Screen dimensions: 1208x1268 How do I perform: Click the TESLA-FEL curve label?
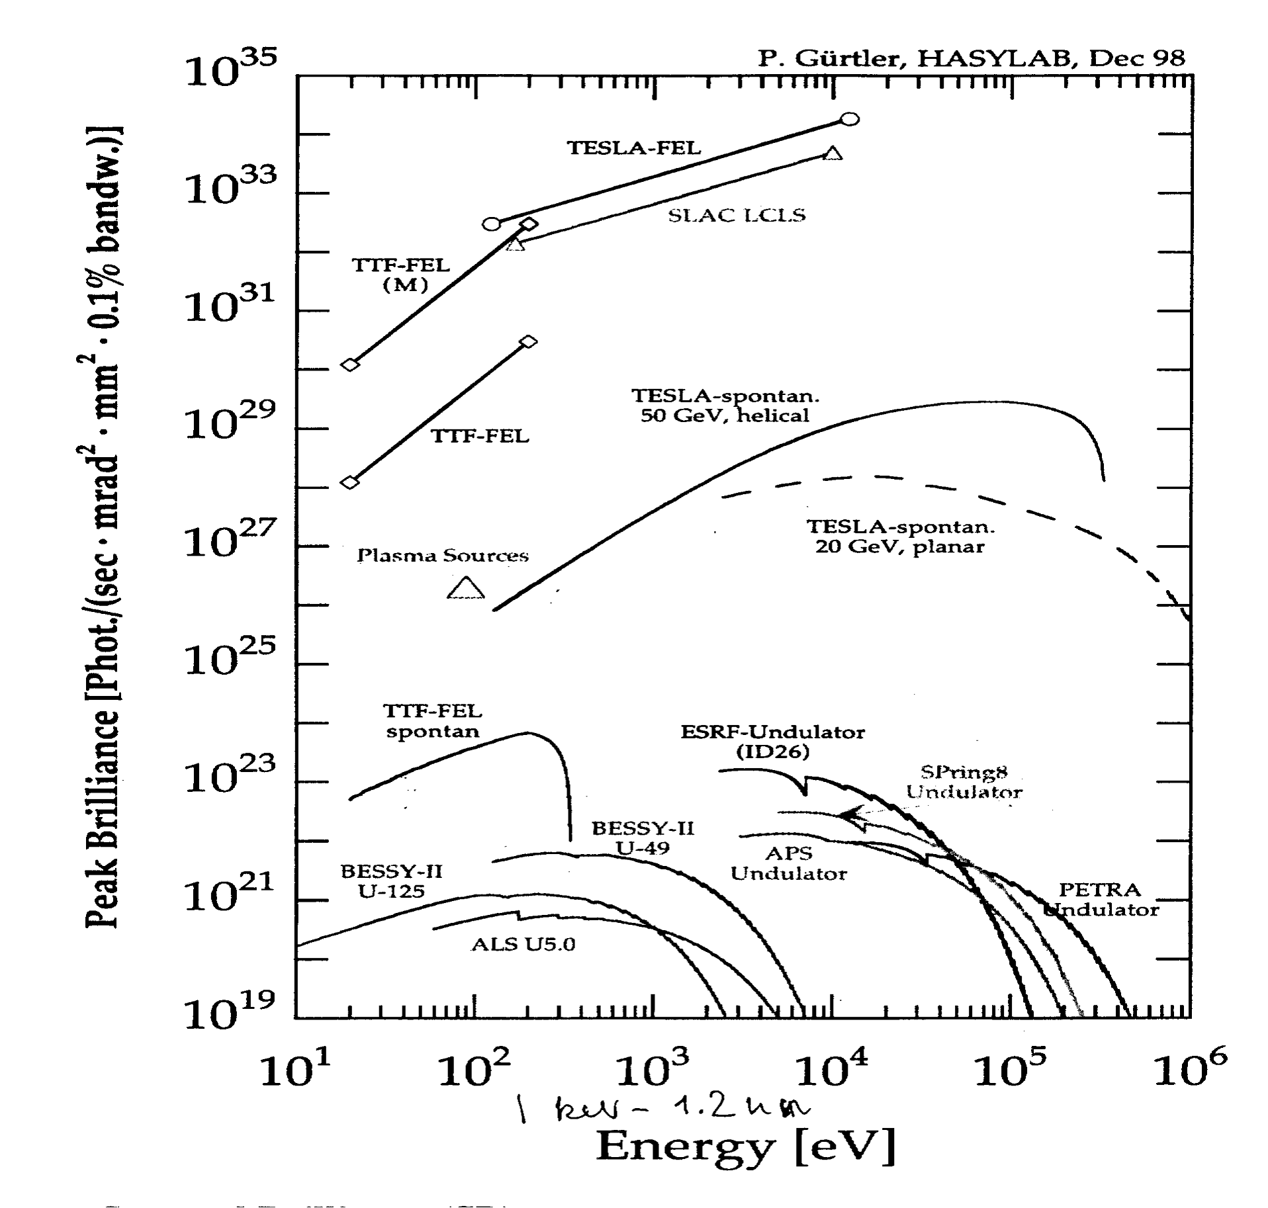coord(633,148)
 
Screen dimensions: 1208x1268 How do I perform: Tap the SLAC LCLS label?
coord(736,216)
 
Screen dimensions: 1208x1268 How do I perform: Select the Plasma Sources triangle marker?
coord(466,588)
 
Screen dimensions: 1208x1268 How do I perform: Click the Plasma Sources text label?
coord(443,555)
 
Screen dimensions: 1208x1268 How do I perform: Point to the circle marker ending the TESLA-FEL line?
coord(850,119)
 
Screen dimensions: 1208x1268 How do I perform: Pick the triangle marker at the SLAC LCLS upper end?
coord(833,153)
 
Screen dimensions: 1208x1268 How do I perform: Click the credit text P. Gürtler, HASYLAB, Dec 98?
coord(971,59)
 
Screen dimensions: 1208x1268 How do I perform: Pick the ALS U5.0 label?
coord(523,944)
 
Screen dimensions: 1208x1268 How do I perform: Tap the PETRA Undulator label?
coord(1101,900)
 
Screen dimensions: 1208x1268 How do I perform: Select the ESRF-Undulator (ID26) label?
coord(772,742)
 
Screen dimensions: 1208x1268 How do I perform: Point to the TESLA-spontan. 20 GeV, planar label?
coord(900,537)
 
